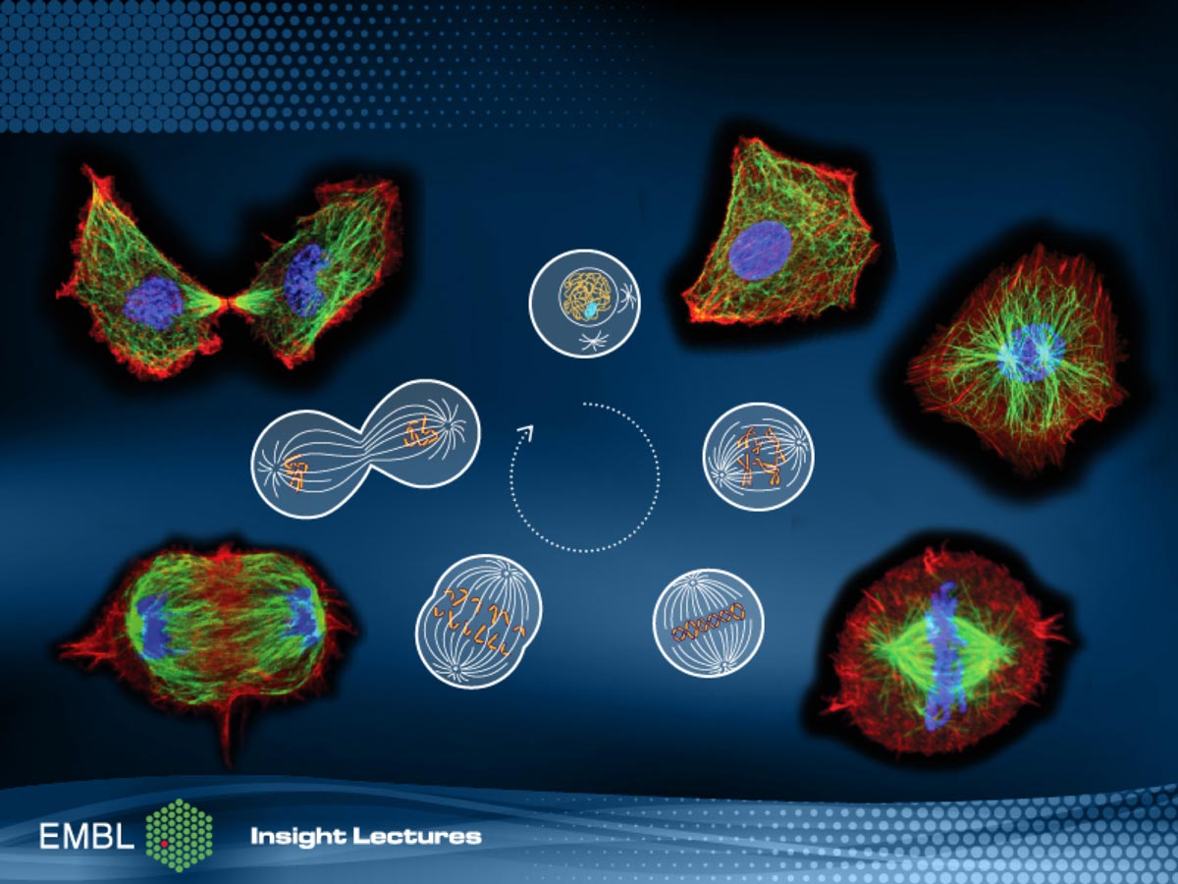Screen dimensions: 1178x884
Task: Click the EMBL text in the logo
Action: [86, 836]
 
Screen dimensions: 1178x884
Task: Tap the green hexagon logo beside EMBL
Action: [180, 836]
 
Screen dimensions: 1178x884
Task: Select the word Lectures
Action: [417, 837]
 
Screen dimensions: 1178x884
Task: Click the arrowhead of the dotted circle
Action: [526, 432]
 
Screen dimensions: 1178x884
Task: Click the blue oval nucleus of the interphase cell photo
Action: [761, 250]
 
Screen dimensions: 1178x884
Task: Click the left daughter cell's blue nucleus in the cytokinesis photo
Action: [154, 303]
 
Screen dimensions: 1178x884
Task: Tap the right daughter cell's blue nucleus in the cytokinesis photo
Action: [303, 280]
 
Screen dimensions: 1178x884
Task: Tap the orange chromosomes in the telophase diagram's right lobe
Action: [421, 434]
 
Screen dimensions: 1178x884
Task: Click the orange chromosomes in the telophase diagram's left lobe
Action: [294, 472]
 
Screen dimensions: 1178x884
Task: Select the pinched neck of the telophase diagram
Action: [365, 448]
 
